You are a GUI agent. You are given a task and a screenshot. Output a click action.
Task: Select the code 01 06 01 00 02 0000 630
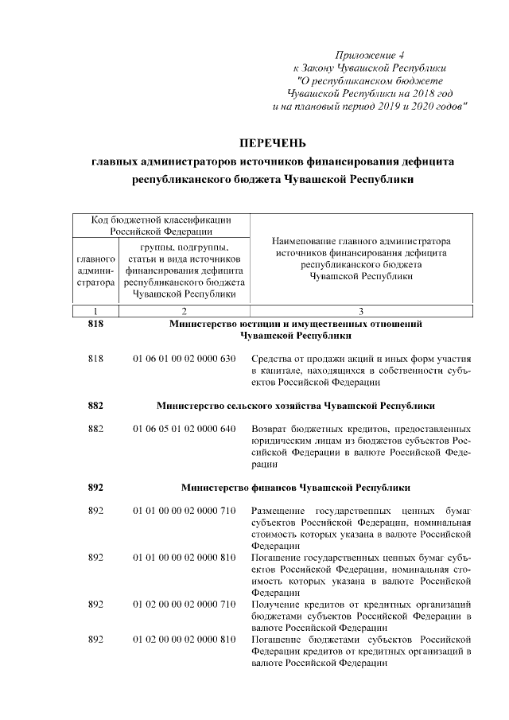(x=185, y=360)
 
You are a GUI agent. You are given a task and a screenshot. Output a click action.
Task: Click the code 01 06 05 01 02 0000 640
(x=185, y=429)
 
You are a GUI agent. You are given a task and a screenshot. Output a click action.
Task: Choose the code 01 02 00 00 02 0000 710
(x=185, y=604)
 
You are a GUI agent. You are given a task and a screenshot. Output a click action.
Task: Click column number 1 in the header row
(x=95, y=311)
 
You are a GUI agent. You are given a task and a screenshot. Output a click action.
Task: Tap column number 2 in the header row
(x=185, y=311)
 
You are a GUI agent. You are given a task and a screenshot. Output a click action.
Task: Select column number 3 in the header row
(x=361, y=311)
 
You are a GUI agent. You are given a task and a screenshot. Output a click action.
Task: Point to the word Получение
(x=274, y=604)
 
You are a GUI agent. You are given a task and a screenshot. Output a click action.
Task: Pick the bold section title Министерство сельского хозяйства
(x=295, y=405)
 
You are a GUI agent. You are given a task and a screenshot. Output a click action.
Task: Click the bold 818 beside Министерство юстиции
(x=95, y=324)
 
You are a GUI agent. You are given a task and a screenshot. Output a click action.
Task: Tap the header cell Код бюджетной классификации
(x=161, y=226)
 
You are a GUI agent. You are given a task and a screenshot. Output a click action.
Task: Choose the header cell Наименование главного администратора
(x=361, y=258)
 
